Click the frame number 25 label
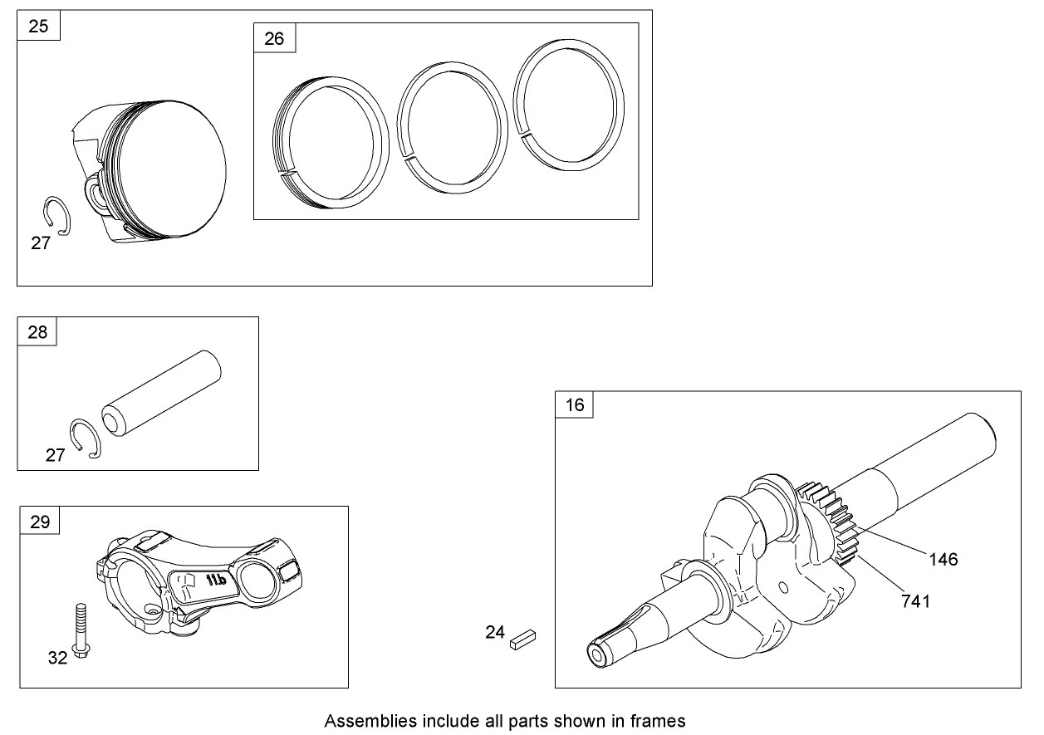[38, 26]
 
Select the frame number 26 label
[274, 39]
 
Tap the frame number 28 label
[37, 332]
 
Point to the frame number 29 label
[40, 522]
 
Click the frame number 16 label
[575, 405]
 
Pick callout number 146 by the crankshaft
[944, 559]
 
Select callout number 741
[916, 601]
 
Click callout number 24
[495, 633]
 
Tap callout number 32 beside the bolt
[58, 658]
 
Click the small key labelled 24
[523, 639]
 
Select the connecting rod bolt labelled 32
[81, 631]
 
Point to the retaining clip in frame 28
[86, 439]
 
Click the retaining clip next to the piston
[56, 216]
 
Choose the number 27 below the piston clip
[41, 243]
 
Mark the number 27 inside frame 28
[55, 455]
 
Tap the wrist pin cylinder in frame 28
[162, 394]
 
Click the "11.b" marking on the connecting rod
[216, 580]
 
